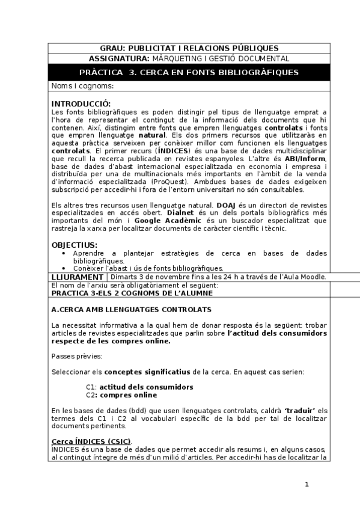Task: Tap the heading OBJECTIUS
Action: (x=74, y=245)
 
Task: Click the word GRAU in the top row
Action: (x=111, y=48)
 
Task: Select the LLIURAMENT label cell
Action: (x=78, y=277)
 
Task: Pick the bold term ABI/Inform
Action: (x=307, y=158)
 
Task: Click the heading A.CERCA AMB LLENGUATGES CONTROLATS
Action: (x=131, y=309)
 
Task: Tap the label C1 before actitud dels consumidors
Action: (x=91, y=387)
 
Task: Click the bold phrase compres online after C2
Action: (x=129, y=395)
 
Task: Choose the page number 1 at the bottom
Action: (x=307, y=485)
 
